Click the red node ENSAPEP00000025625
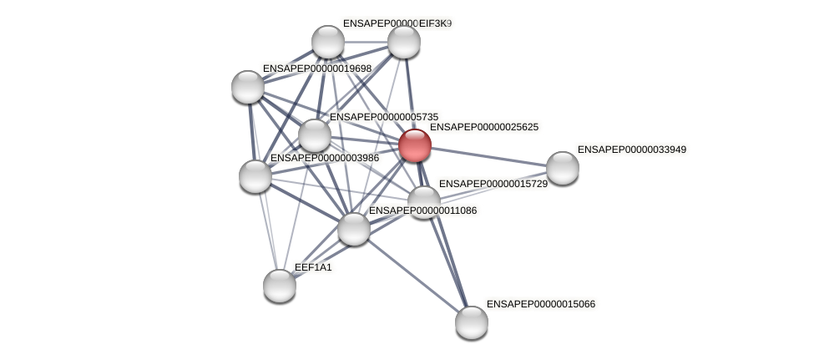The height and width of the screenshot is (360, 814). click(x=415, y=145)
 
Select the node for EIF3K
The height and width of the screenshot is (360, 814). click(x=404, y=42)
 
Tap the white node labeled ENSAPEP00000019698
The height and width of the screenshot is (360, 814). click(x=248, y=86)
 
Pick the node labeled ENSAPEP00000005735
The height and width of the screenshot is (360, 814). click(x=315, y=135)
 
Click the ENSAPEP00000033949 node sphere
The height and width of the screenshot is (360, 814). click(x=563, y=168)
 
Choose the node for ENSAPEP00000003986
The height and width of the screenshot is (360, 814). click(x=255, y=176)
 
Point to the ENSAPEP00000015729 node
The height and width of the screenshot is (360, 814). click(x=424, y=201)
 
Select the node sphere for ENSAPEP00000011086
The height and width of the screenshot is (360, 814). click(x=354, y=229)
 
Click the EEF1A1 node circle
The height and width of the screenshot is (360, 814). click(x=280, y=286)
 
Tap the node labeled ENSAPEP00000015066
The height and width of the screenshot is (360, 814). click(x=472, y=322)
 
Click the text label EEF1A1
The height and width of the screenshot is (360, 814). click(x=313, y=267)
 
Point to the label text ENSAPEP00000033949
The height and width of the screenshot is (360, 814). click(x=631, y=150)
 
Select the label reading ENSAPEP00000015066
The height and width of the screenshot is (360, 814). click(x=540, y=304)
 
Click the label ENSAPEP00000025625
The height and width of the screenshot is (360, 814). click(x=483, y=127)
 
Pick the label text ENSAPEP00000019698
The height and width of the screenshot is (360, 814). click(x=316, y=68)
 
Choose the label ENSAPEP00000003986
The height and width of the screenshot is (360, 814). click(x=324, y=158)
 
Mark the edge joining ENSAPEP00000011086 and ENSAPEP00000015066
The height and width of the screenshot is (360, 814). click(x=412, y=276)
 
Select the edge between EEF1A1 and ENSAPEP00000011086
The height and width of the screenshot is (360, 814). click(x=317, y=257)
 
